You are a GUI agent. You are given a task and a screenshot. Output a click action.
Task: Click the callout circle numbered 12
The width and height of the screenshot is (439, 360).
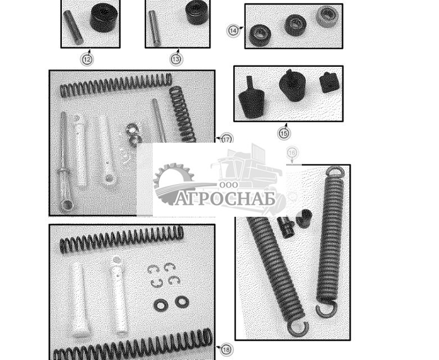click(x=87, y=60)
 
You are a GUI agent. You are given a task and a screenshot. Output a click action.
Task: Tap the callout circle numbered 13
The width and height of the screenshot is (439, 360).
click(x=176, y=59)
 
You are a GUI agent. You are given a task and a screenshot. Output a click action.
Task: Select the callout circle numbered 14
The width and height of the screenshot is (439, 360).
click(x=233, y=30)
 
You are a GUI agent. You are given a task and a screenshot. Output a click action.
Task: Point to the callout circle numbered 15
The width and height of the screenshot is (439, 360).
click(x=284, y=133)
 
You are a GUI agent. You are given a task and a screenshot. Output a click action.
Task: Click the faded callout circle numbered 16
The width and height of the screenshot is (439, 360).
click(x=292, y=153)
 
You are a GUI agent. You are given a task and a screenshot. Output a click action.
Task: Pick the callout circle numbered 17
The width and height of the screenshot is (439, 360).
click(x=227, y=139)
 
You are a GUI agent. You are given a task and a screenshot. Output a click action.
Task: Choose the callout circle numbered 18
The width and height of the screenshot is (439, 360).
click(x=227, y=349)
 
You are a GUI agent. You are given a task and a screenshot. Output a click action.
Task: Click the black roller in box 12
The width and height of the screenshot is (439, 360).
click(x=103, y=18)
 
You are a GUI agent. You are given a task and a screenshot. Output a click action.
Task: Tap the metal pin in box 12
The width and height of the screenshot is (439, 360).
click(x=73, y=28)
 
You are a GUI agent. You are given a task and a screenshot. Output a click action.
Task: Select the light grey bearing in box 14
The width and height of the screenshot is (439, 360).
click(x=327, y=16)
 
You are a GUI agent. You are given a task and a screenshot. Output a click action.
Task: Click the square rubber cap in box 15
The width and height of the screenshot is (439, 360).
click(x=329, y=83)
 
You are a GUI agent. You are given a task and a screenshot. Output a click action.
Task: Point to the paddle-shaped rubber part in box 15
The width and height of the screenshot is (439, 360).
click(x=251, y=98)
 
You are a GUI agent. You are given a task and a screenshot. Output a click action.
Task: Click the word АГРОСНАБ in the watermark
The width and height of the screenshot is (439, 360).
click(x=225, y=199)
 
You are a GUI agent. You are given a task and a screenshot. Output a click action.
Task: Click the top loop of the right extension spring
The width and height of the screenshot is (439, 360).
click(x=336, y=171)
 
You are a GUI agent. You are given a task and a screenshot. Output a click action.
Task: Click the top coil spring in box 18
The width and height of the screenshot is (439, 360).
click(x=121, y=239)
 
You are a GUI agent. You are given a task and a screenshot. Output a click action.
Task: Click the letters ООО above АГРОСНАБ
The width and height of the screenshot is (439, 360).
click(x=229, y=185)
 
